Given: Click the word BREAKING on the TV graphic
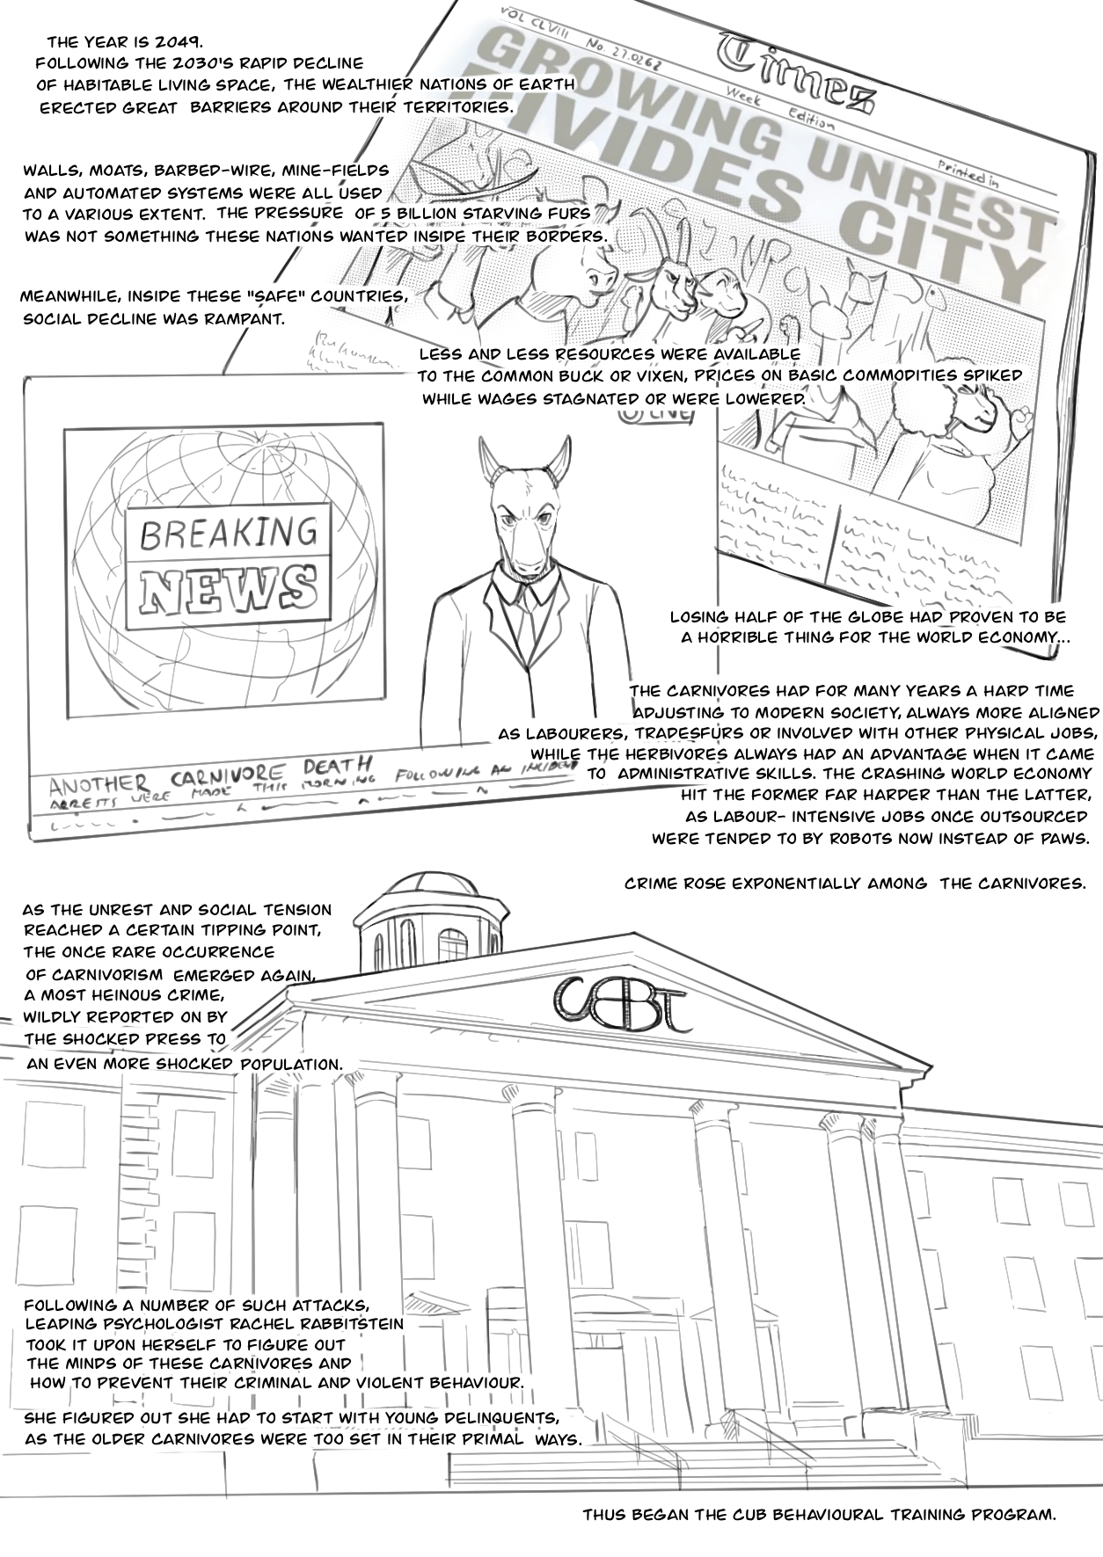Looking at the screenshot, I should click(229, 533).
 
